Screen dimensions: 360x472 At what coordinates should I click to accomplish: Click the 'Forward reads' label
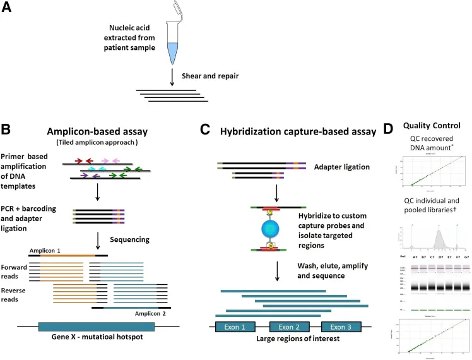[15, 271]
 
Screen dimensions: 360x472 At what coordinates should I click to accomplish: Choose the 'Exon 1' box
[235, 328]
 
